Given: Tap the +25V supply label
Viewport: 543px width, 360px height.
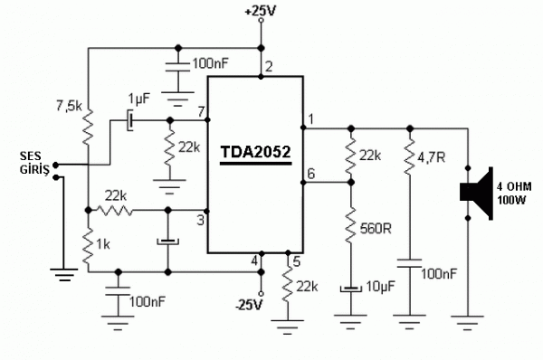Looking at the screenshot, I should point(260,12).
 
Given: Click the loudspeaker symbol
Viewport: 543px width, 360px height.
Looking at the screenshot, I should point(476,192).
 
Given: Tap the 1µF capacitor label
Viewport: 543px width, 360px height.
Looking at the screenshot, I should point(139,99).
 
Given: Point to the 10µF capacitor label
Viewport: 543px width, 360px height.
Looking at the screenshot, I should point(379,288).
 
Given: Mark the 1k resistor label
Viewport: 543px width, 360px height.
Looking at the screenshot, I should point(103,245).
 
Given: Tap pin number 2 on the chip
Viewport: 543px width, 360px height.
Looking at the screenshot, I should point(269,67).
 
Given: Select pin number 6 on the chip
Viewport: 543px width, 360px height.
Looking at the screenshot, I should point(310,174).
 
